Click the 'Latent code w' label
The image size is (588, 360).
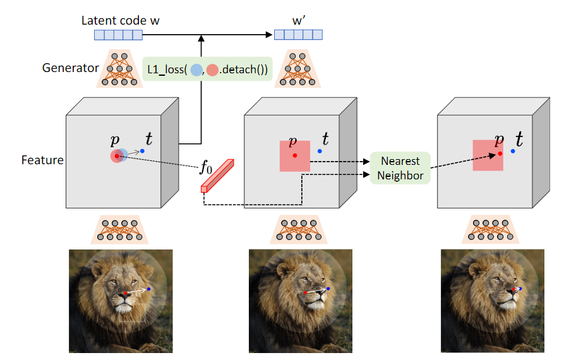pyautogui.click(x=120, y=20)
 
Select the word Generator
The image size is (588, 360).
pyautogui.click(x=71, y=68)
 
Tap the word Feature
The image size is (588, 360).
pyautogui.click(x=42, y=160)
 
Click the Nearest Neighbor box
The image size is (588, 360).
pyautogui.click(x=401, y=168)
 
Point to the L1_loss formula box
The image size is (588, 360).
pyautogui.click(x=207, y=68)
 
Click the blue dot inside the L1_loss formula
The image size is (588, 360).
pyautogui.click(x=196, y=69)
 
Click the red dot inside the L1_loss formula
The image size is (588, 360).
pyautogui.click(x=213, y=69)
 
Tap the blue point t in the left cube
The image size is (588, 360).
pyautogui.click(x=143, y=151)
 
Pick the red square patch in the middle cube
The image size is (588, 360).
pyautogui.click(x=295, y=156)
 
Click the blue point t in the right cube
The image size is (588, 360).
pyautogui.click(x=513, y=151)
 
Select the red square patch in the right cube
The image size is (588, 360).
pyautogui.click(x=488, y=155)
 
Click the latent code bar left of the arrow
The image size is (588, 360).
pyautogui.click(x=120, y=35)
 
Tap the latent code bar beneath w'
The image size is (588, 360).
pyautogui.click(x=298, y=35)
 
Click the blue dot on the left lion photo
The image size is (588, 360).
pyautogui.click(x=149, y=289)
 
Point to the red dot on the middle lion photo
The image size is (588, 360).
pyautogui.click(x=306, y=293)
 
